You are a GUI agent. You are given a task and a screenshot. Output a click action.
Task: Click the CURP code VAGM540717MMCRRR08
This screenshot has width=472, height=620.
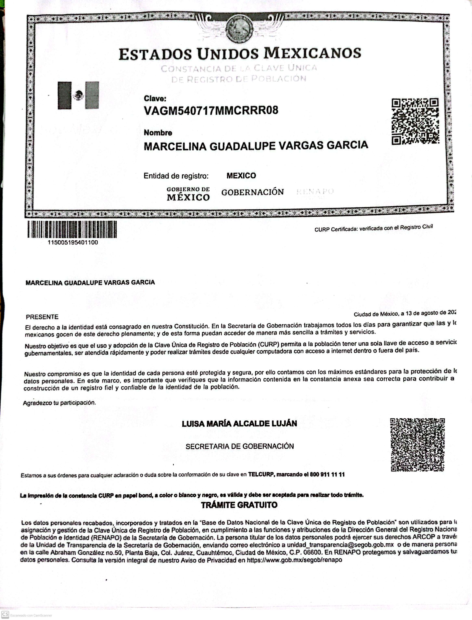coord(211,110)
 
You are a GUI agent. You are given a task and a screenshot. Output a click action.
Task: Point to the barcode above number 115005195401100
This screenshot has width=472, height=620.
coord(72,229)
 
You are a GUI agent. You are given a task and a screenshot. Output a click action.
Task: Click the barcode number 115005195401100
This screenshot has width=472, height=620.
coord(73,242)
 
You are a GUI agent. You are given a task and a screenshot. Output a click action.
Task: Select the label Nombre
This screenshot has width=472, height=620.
coord(158,133)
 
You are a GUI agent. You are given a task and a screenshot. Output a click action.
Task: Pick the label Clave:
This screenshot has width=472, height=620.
coord(155,99)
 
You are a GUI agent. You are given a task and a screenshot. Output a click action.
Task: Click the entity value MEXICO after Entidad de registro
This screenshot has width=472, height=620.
coord(241,176)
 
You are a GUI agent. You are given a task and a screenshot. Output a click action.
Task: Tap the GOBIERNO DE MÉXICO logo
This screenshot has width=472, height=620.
coord(188,194)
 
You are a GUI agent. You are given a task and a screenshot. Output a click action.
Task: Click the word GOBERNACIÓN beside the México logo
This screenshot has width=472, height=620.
coord(252,192)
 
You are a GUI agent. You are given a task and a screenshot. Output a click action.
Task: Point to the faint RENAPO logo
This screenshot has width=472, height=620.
coord(315,192)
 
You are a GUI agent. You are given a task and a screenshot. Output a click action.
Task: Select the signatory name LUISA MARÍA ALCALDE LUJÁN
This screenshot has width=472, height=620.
coord(239,424)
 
